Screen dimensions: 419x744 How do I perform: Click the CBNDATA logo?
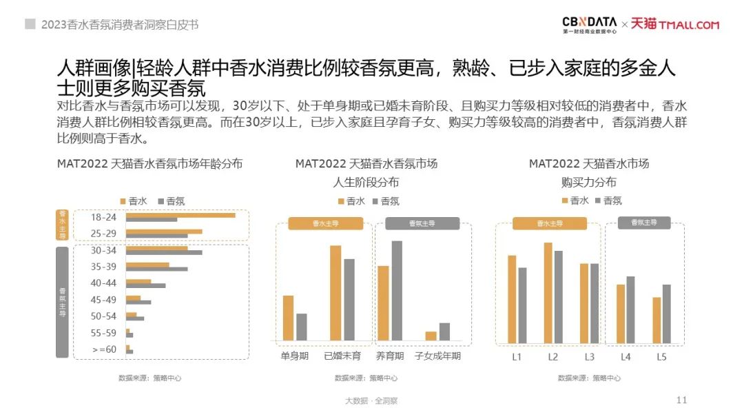[x=590, y=25]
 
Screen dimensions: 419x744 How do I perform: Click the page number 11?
[x=683, y=400]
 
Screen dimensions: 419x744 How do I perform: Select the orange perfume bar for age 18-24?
[x=180, y=215]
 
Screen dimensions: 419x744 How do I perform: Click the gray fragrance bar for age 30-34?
[x=164, y=252]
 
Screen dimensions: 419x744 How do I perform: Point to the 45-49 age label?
[x=103, y=300]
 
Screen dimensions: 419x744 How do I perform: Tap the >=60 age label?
[x=103, y=350]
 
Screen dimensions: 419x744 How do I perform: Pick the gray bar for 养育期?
[x=397, y=290]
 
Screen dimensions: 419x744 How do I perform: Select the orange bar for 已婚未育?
[x=335, y=293]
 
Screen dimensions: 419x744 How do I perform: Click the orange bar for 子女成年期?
[x=431, y=336]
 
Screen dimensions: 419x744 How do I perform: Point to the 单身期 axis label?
[x=295, y=356]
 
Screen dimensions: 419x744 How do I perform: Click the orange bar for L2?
[x=548, y=292]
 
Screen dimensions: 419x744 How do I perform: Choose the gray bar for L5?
[x=666, y=314]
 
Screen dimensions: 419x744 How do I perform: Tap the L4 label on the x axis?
[x=626, y=357]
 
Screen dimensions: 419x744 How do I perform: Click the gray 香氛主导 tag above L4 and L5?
[x=644, y=223]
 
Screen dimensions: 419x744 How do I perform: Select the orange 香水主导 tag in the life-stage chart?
[x=326, y=223]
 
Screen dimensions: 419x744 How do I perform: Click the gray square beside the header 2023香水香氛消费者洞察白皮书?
[x=30, y=24]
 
